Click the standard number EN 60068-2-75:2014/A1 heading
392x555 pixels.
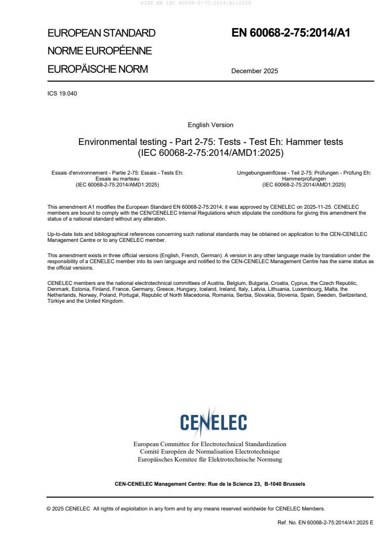coord(291,33)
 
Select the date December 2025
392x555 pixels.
coord(255,71)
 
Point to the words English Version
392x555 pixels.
coord(211,125)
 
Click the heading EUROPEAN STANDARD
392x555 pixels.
coord(101,33)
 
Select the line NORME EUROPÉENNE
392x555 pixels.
coord(99,51)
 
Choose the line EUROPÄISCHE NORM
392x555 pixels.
coord(98,69)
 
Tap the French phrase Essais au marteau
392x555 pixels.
coord(117,179)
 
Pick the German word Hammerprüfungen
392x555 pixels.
coord(304,179)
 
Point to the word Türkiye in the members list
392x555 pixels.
coord(56,301)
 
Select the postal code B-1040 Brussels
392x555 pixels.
coord(285,484)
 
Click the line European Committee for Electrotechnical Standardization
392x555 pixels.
coord(210,444)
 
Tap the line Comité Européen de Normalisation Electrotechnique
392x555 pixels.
coord(210,452)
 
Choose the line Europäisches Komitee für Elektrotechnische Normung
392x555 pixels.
coord(210,460)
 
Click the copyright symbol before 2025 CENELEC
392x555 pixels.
coord(49,509)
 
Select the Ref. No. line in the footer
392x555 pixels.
coord(326,522)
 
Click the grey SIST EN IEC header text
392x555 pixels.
coord(196,3)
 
